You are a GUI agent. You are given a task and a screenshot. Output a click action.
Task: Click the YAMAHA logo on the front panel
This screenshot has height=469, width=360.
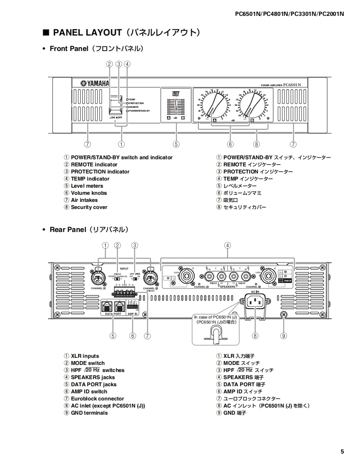(x=95, y=84)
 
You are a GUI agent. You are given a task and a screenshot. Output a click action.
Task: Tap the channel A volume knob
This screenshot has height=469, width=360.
(x=215, y=105)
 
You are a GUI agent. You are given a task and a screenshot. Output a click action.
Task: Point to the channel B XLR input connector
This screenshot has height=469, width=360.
(x=99, y=278)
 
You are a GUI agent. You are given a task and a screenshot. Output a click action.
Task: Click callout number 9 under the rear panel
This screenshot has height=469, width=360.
(x=284, y=335)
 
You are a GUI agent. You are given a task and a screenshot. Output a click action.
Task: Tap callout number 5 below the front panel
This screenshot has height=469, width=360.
(x=176, y=144)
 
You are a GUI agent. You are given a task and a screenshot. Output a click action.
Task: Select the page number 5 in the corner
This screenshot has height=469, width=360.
(x=342, y=451)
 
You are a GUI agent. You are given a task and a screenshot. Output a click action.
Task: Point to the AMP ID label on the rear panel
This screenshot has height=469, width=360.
(x=133, y=313)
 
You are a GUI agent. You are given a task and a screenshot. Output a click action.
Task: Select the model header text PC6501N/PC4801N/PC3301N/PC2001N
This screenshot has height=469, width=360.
(x=289, y=13)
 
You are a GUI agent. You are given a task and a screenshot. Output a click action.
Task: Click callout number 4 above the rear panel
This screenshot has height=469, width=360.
(x=227, y=245)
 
